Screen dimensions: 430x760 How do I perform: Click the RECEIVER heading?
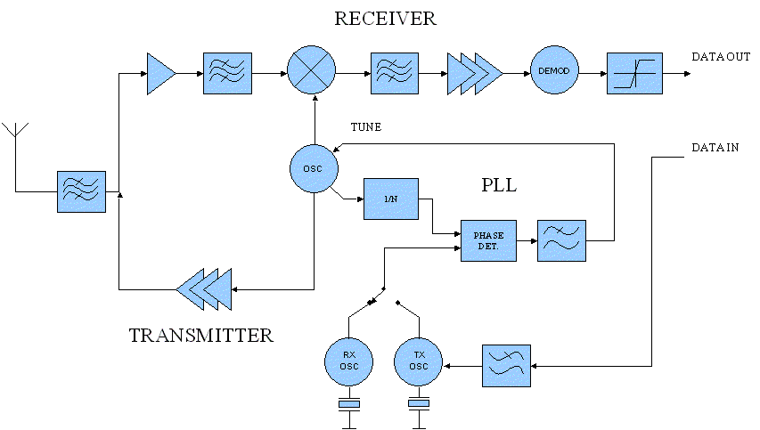click(386, 19)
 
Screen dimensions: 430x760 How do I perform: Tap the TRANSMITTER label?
click(200, 336)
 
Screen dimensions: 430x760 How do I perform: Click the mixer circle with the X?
click(312, 71)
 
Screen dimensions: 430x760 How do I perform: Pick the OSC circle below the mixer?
click(313, 169)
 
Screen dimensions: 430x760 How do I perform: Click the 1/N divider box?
click(390, 199)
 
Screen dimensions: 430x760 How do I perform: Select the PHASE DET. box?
click(488, 239)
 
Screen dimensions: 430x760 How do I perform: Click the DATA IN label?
click(715, 147)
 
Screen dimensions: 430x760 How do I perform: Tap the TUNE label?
click(365, 127)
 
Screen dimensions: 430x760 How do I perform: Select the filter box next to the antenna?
click(81, 191)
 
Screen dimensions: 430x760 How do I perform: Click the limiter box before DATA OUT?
click(635, 72)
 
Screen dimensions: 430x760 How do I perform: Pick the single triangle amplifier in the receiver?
click(160, 72)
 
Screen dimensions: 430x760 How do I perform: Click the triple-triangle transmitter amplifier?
click(205, 288)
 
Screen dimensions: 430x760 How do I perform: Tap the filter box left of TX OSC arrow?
click(506, 366)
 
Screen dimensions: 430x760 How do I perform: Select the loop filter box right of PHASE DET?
click(562, 240)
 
